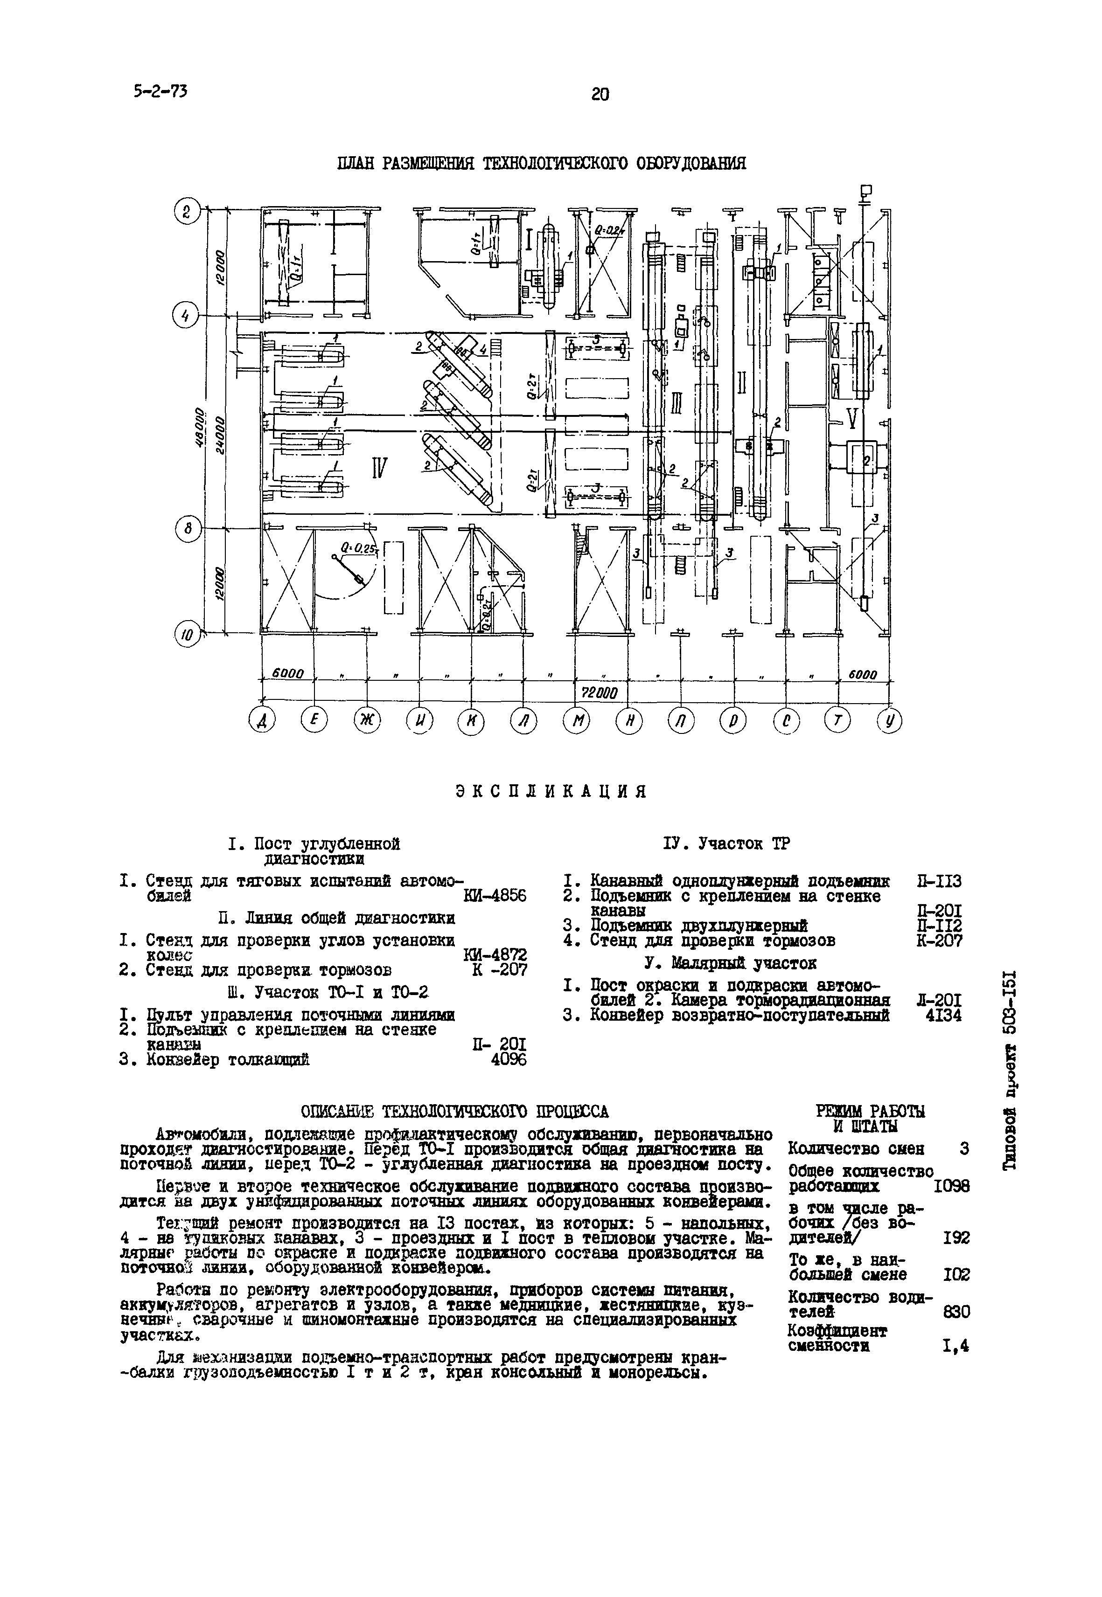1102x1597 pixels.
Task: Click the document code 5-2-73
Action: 160,90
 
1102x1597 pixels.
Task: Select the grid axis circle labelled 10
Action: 185,634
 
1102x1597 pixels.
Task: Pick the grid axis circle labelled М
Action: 575,722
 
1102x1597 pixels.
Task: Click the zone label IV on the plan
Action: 379,469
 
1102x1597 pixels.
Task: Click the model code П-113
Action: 939,881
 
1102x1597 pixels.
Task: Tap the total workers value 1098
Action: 951,1186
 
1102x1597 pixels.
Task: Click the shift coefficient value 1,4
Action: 956,1345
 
